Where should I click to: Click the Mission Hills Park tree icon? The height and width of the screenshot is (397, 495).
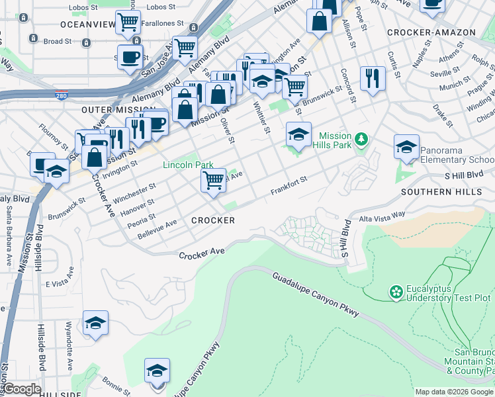click(x=361, y=139)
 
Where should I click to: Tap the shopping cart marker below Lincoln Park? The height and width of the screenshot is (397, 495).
click(x=213, y=180)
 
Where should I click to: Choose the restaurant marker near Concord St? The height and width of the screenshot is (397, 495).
click(x=373, y=78)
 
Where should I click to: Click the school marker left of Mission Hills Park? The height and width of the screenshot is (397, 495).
click(x=298, y=134)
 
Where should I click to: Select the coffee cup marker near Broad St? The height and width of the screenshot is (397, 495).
click(x=130, y=56)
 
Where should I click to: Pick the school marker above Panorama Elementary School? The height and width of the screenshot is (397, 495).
click(x=406, y=147)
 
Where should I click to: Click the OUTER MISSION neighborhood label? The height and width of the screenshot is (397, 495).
click(x=109, y=109)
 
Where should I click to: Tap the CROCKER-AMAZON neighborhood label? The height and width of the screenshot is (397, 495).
click(x=431, y=32)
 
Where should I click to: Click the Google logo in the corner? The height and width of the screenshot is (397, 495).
click(x=21, y=389)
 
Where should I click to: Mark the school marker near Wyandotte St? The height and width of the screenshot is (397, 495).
click(x=95, y=324)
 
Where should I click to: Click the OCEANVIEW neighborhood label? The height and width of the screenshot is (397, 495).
click(x=87, y=24)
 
